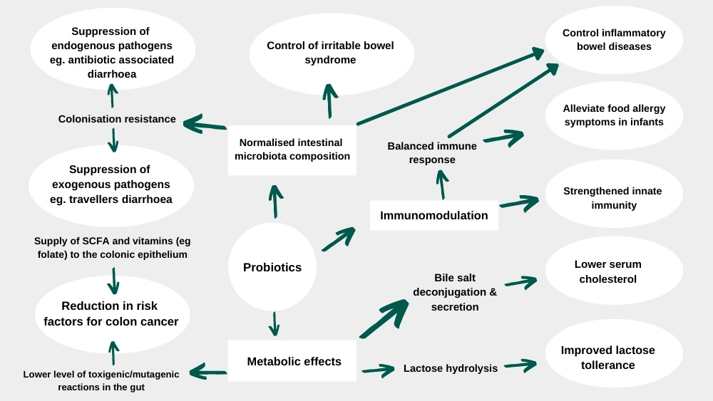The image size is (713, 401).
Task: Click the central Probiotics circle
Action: (272, 267)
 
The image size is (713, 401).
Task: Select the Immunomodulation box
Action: (434, 215)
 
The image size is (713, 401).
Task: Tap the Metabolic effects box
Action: (293, 361)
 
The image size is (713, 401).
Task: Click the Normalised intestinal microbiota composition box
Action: (292, 150)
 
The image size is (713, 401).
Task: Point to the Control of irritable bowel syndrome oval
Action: (330, 53)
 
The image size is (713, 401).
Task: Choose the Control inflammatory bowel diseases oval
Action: (614, 40)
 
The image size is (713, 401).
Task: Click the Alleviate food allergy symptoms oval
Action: (614, 115)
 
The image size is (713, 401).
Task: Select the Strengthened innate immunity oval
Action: (614, 198)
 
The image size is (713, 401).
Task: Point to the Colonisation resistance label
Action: (117, 119)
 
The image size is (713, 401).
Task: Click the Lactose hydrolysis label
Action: (451, 368)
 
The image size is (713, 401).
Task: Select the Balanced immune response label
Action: (432, 152)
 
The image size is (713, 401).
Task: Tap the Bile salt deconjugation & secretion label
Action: (455, 292)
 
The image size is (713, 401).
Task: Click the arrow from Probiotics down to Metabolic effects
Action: (274, 323)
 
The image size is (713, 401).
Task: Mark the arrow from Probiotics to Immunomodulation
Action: (339, 239)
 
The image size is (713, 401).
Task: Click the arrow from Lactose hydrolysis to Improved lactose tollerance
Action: (520, 366)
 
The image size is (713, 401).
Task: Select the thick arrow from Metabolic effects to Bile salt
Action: (384, 318)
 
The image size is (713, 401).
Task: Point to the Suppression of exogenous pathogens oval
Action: (111, 184)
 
